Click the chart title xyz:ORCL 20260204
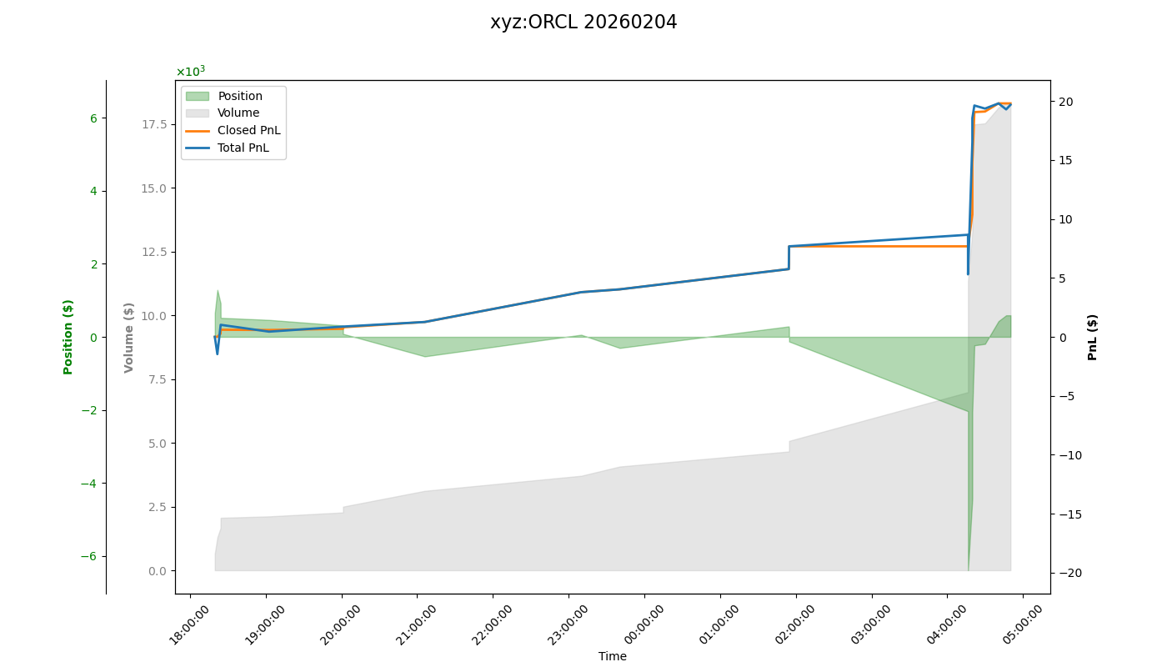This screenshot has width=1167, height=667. (583, 23)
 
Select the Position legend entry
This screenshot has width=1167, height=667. (240, 96)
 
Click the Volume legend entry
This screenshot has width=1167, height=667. (238, 113)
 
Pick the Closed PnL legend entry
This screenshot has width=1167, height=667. (248, 130)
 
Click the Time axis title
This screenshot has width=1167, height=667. (613, 656)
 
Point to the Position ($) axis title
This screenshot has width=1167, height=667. (68, 337)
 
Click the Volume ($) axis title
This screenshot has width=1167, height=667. (129, 337)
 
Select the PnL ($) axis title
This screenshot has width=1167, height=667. (1093, 337)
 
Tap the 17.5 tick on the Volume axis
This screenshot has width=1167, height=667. (154, 124)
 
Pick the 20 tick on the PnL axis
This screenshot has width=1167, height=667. (1066, 102)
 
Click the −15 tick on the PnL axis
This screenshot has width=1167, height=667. (1069, 514)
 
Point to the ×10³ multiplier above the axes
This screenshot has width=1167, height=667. (190, 72)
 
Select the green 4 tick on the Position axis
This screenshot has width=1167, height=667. (93, 191)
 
